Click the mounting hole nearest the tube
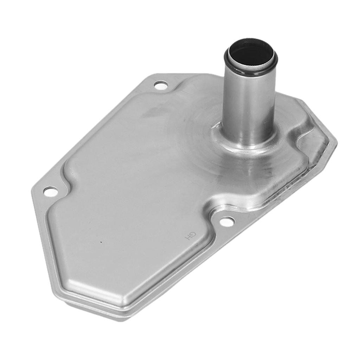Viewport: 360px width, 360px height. [161, 85]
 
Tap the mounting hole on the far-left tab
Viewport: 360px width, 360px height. [50, 192]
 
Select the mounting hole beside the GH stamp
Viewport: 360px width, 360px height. [227, 221]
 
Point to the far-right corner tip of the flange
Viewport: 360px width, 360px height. [336, 143]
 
